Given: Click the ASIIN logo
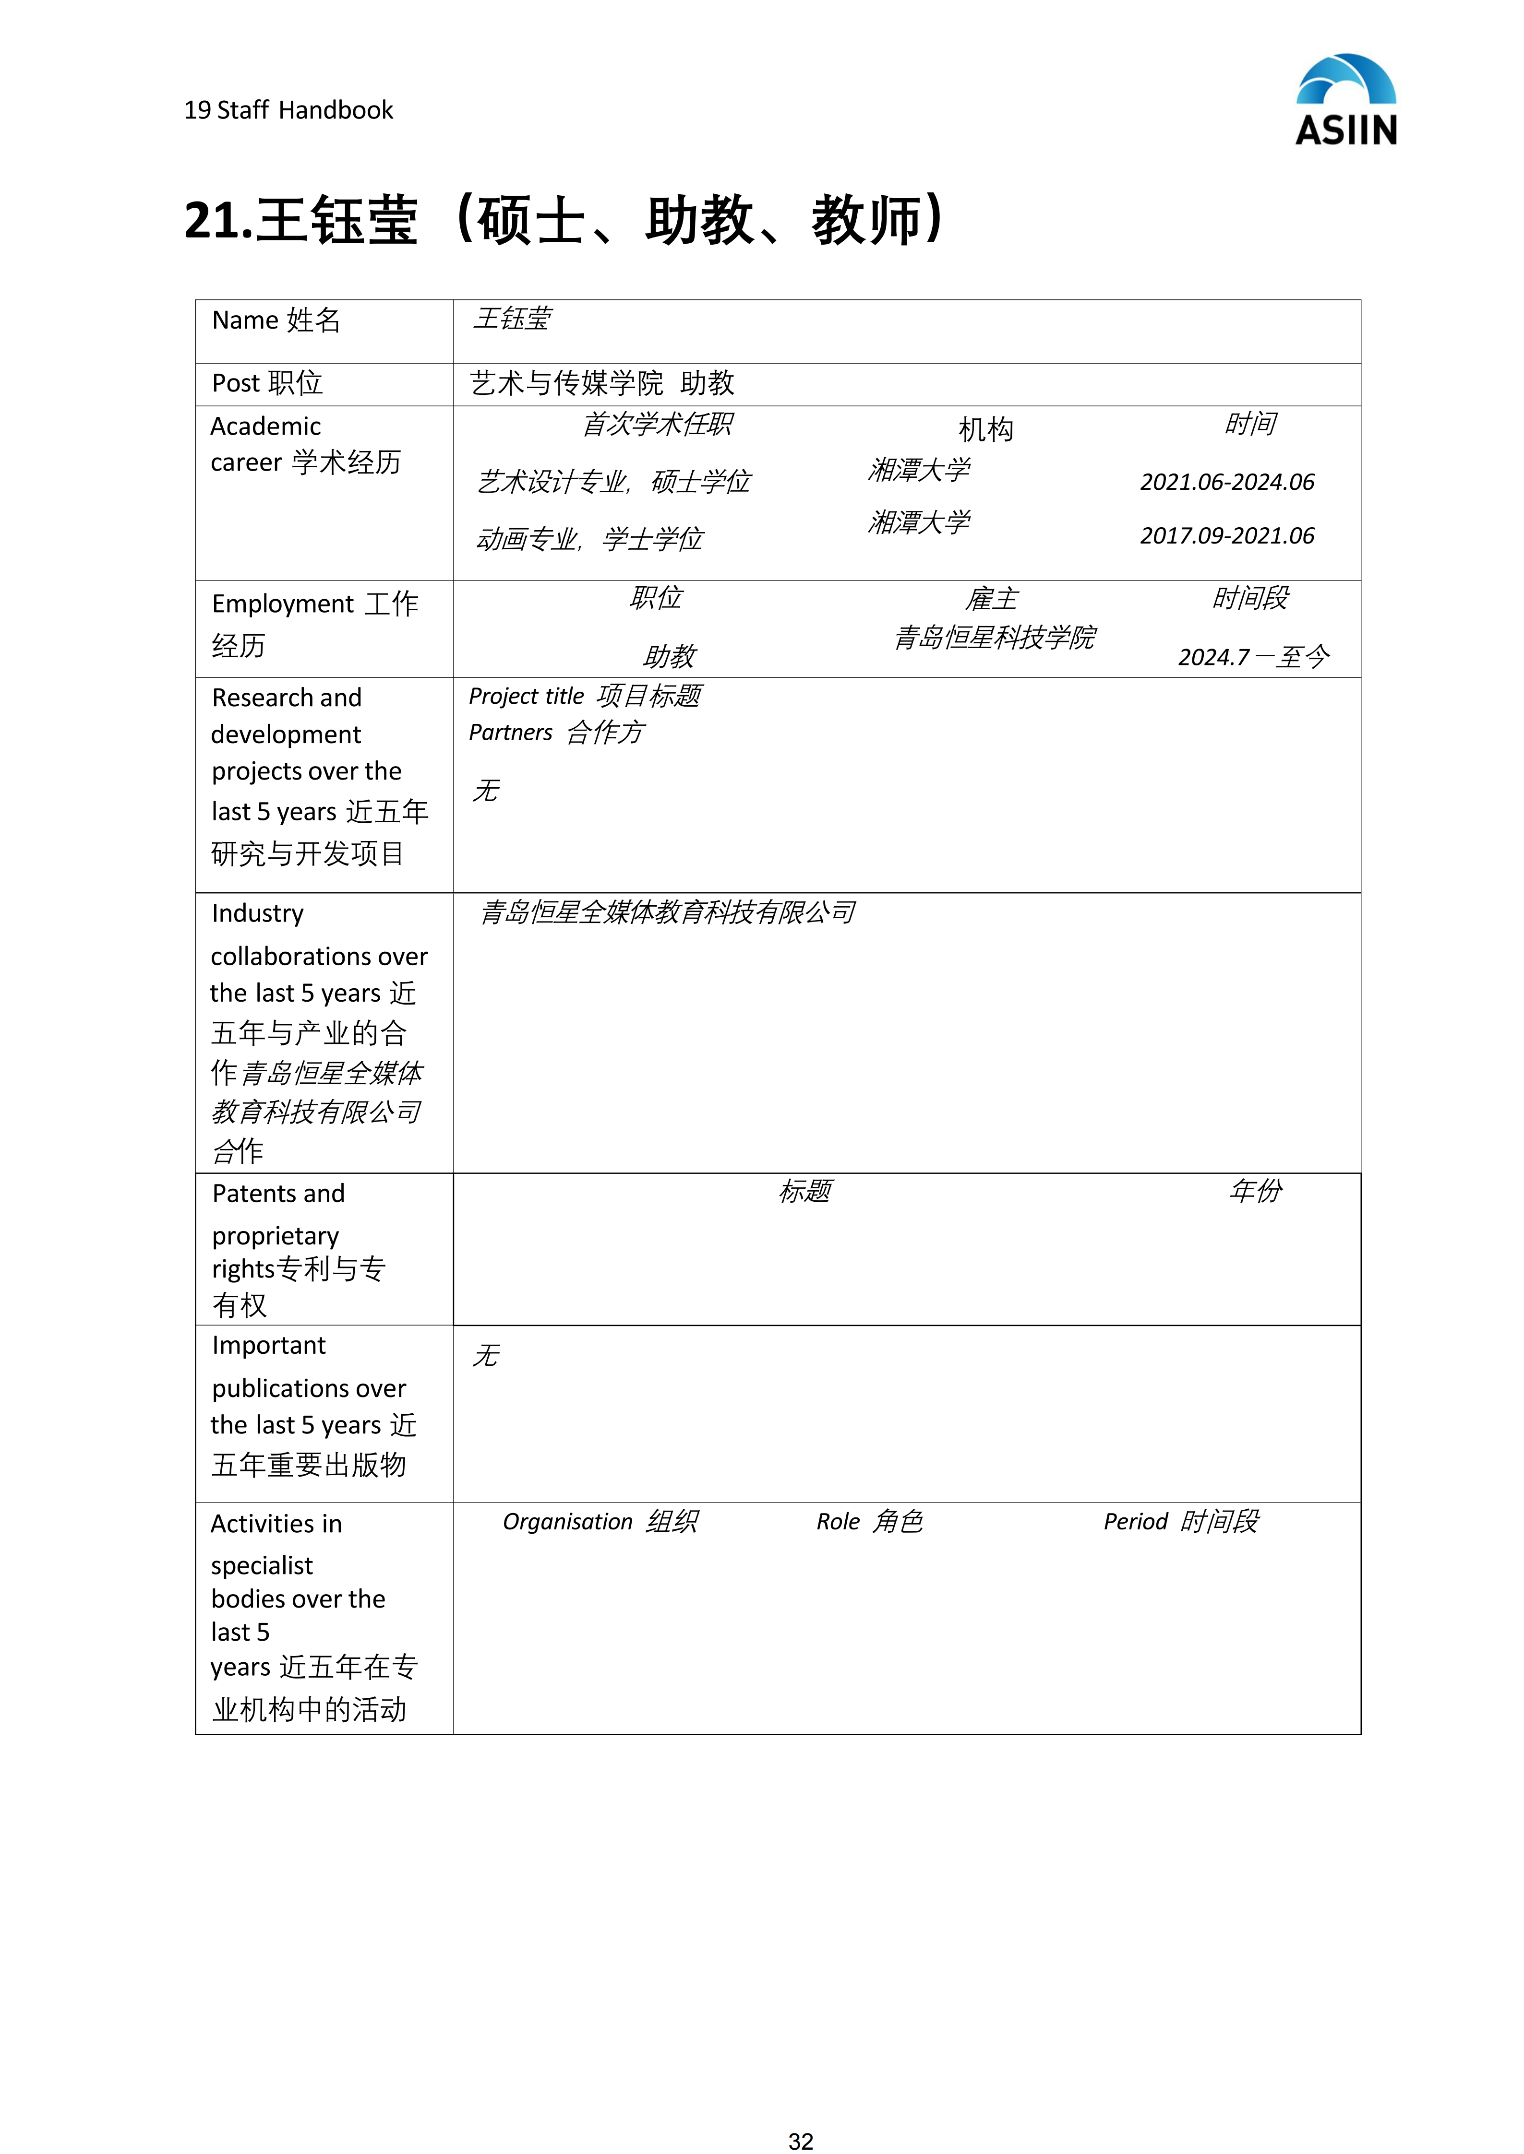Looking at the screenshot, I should click(1346, 100).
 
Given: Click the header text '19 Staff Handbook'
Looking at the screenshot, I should click(288, 111).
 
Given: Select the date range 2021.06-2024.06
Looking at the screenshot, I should click(1226, 482).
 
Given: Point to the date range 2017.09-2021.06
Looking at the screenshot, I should click(1226, 536).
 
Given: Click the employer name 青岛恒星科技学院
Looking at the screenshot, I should click(994, 638).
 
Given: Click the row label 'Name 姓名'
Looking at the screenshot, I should click(276, 321).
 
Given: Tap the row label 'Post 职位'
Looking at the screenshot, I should click(267, 384).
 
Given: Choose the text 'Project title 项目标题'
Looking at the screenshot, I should click(585, 696).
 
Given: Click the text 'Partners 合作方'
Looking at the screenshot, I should click(555, 733).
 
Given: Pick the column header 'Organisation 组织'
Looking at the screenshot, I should click(600, 1522).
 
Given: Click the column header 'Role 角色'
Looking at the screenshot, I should click(869, 1522).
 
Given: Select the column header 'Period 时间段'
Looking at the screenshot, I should click(1180, 1522).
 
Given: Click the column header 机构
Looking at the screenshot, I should click(985, 430).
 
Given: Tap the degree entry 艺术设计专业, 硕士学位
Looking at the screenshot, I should click(614, 482).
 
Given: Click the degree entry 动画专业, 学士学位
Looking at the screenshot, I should click(589, 539).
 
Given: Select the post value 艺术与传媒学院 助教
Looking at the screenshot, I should click(601, 384).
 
